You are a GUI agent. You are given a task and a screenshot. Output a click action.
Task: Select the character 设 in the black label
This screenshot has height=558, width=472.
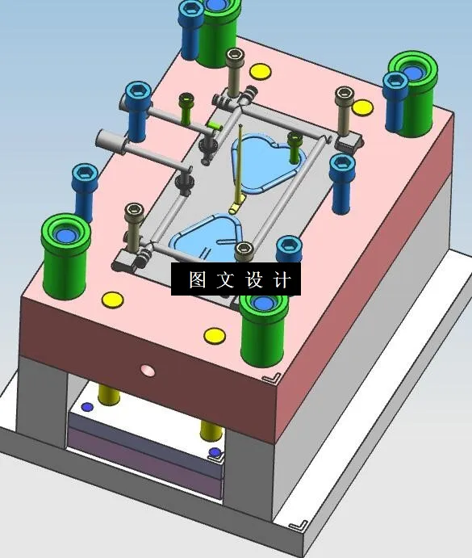254,280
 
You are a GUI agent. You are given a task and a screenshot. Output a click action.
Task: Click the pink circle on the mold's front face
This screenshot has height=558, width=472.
147,370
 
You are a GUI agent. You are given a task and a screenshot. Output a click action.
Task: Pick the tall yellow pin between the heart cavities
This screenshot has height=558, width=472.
240,170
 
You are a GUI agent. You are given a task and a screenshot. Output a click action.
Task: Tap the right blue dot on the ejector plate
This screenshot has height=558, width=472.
214,452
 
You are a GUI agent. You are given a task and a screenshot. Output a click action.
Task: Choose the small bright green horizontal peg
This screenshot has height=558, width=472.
214,126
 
